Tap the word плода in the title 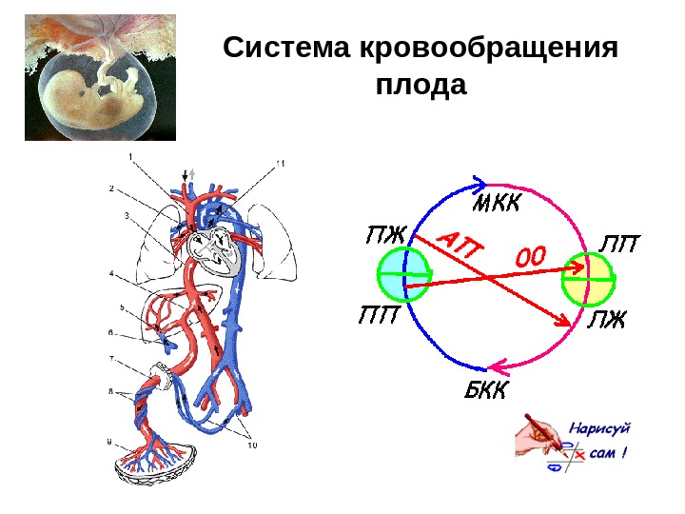[421, 86]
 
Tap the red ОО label [532, 257]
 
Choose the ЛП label [618, 245]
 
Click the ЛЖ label [606, 320]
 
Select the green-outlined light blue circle [403, 276]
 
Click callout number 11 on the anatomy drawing [280, 164]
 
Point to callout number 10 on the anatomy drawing [252, 445]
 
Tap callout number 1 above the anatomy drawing [131, 155]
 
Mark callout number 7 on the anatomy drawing [112, 359]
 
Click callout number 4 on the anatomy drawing [112, 274]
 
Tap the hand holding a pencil [538, 438]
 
